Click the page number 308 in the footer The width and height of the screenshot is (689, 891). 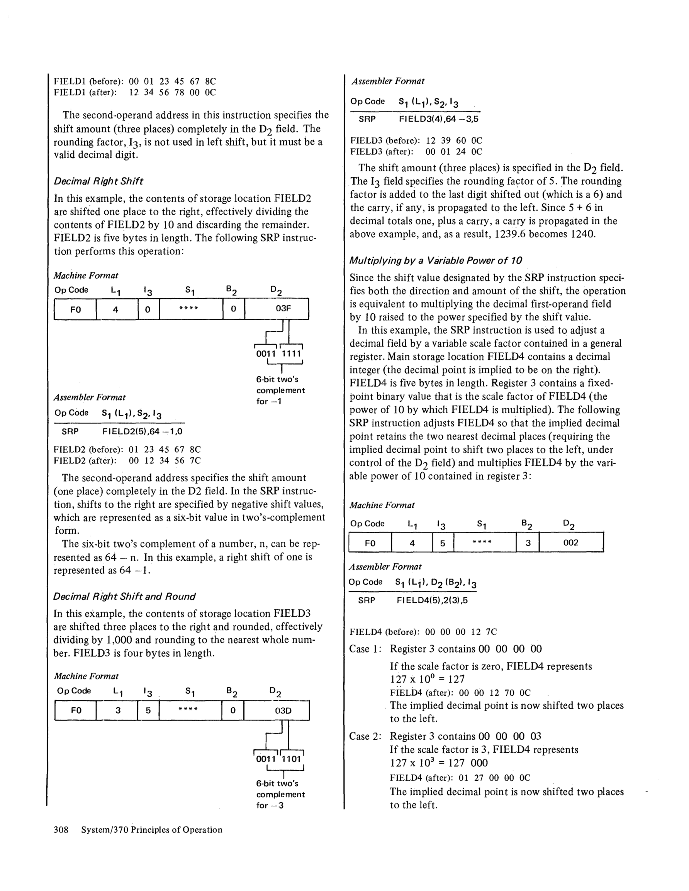[61, 829]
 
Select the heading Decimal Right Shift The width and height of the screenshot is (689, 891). [98, 181]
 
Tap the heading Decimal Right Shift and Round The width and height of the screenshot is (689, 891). [124, 597]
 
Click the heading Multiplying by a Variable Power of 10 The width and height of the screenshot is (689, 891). [436, 260]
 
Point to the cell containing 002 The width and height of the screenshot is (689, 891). [570, 543]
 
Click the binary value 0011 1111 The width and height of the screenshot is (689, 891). [278, 353]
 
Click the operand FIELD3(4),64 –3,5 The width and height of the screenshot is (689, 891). [438, 119]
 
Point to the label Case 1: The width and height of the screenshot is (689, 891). [365, 649]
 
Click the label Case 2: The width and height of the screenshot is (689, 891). [365, 736]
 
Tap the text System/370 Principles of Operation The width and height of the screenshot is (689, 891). [152, 829]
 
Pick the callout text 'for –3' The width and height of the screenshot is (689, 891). [270, 805]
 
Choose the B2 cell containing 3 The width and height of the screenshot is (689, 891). [528, 543]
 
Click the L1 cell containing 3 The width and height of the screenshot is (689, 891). [118, 710]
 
